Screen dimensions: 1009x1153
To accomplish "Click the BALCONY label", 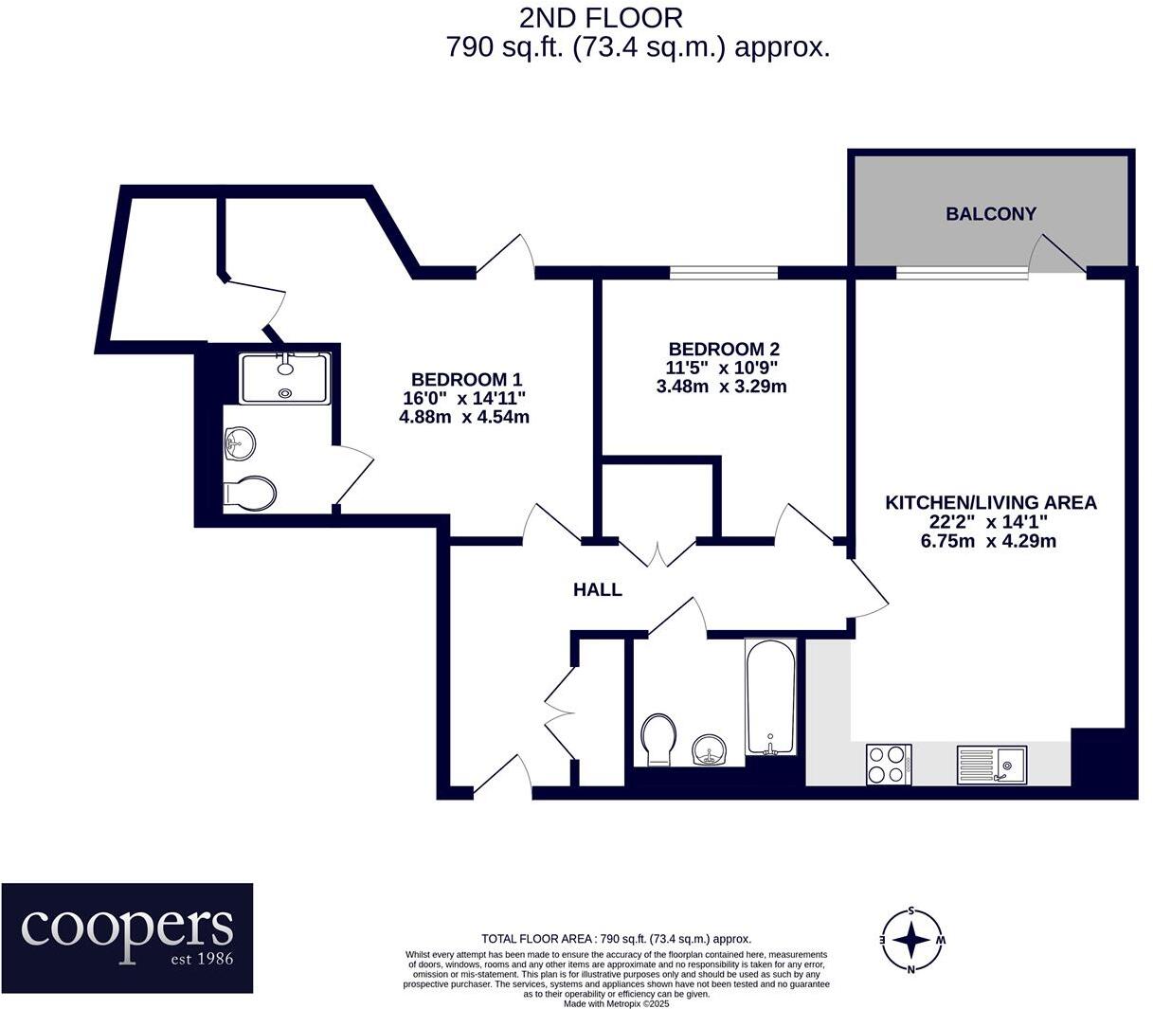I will [991, 214].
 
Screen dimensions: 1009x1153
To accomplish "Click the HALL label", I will [597, 590].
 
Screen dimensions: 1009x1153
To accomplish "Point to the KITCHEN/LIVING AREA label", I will [990, 502].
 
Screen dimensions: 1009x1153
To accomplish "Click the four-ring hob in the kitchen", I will [889, 764].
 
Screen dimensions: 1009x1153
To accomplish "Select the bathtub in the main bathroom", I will [771, 697].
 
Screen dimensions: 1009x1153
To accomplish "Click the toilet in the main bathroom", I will [658, 738].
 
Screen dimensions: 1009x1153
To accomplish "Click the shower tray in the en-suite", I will [285, 378].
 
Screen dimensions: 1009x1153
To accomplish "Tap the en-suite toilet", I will [250, 494].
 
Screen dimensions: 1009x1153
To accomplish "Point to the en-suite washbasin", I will [240, 441].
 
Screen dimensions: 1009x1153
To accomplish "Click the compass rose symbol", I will [911, 940].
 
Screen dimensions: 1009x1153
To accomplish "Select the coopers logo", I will [127, 937].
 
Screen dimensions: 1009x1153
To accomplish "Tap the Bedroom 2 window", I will [724, 273].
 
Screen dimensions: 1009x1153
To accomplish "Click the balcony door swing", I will [1057, 253].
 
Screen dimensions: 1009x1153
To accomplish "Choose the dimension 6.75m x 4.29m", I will [988, 542].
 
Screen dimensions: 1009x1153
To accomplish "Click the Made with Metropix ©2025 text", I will [616, 1002].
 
